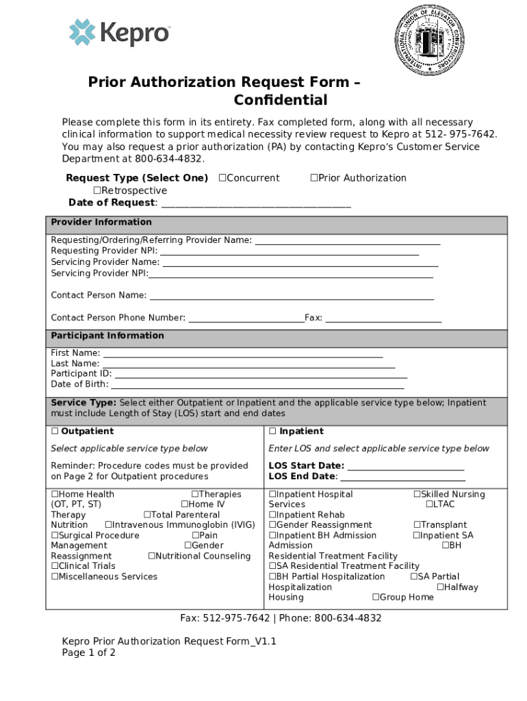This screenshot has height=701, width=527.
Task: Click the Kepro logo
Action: [118, 33]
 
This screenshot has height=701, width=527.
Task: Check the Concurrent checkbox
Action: [222, 178]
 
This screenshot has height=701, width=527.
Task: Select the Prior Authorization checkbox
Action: [314, 178]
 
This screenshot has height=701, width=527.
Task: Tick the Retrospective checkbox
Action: [97, 190]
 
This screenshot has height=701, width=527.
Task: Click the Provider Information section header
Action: [101, 222]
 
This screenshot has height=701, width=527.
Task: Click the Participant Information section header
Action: [107, 336]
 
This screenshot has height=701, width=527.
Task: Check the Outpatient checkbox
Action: [55, 432]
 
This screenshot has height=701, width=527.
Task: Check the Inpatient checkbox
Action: [272, 432]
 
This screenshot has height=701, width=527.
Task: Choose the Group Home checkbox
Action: [376, 598]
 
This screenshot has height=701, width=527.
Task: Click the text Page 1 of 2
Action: [89, 653]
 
